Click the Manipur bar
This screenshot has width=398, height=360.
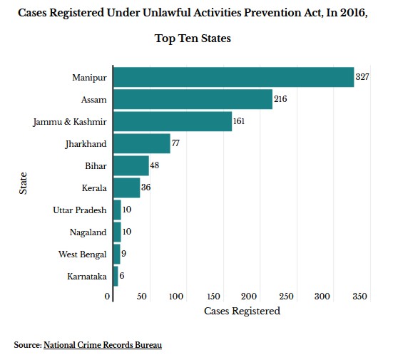[234, 77]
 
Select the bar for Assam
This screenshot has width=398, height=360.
[193, 99]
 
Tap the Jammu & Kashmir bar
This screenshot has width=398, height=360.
[173, 121]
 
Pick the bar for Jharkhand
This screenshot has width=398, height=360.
[142, 143]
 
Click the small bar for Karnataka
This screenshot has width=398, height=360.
[116, 276]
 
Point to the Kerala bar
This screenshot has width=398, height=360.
[127, 187]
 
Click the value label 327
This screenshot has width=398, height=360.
[362, 76]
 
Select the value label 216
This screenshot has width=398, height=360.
[280, 98]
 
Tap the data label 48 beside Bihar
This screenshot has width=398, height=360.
[155, 165]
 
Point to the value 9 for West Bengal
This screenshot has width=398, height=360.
[123, 254]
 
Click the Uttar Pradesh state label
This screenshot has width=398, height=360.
[80, 210]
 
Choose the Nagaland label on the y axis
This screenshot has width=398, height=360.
[88, 232]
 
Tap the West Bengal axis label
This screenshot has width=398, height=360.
[83, 254]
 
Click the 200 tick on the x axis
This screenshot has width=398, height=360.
[249, 296]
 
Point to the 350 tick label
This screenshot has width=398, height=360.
[359, 296]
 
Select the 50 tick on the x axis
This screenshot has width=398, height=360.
[142, 296]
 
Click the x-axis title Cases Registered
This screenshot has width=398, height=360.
[242, 311]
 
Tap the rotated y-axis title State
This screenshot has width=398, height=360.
[23, 183]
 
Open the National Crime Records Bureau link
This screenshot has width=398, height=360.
[103, 345]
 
